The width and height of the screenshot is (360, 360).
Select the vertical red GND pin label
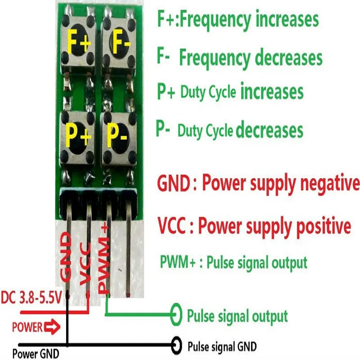click(x=66, y=257)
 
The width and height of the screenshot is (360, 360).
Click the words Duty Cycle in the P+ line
click(x=208, y=93)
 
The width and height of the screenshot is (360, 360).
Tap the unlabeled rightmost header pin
click(x=130, y=252)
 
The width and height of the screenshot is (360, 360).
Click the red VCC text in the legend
click(x=171, y=225)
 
